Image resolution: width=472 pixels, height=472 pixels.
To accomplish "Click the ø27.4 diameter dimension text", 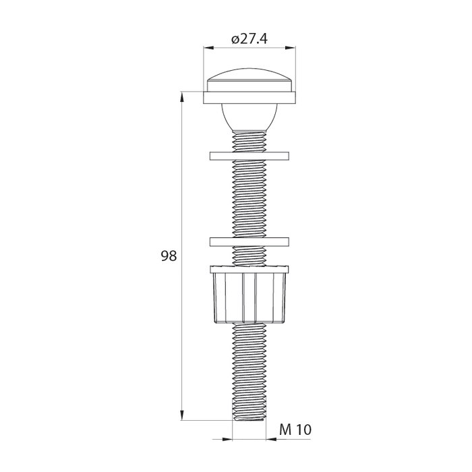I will point(249,40).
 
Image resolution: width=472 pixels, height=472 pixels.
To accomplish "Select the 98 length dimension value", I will point(169,256).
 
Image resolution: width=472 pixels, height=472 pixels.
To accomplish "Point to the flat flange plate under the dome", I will point(249,98).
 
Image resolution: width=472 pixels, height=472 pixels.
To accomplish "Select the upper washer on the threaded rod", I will point(249,156).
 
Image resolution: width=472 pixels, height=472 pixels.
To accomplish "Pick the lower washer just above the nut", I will point(249,241).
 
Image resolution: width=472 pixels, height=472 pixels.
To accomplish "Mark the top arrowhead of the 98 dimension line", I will point(182,96).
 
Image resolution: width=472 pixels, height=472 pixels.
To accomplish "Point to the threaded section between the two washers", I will point(249,199).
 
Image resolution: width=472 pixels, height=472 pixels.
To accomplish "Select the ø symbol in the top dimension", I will point(234,40).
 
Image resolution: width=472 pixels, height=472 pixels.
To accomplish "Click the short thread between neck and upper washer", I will point(249,142).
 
